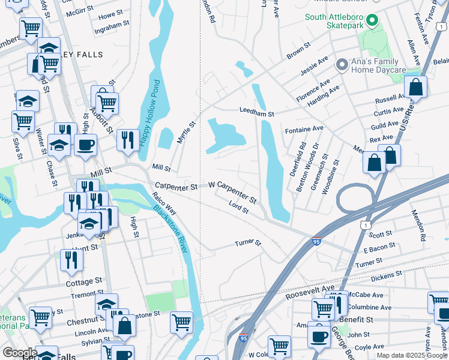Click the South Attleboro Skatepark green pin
click(x=372, y=22)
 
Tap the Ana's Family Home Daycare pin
click(x=342, y=64)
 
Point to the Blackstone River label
click(x=169, y=229)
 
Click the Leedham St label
click(x=256, y=112)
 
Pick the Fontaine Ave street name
click(x=304, y=128)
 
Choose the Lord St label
click(x=238, y=208)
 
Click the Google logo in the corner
click(x=19, y=352)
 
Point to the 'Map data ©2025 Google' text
click(x=412, y=355)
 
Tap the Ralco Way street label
click(x=164, y=204)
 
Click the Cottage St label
click(x=83, y=281)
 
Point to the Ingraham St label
click(x=112, y=26)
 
